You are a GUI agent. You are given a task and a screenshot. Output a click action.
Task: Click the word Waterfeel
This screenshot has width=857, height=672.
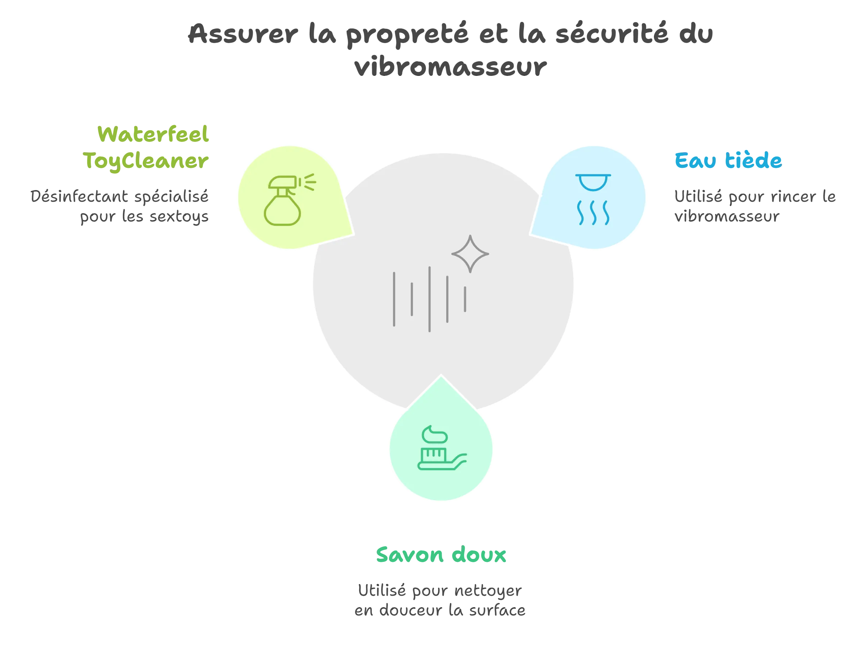click(x=153, y=135)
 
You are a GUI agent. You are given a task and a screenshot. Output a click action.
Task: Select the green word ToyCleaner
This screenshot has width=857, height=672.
click(x=146, y=161)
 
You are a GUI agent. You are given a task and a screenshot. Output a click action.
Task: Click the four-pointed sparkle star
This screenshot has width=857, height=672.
click(x=470, y=254)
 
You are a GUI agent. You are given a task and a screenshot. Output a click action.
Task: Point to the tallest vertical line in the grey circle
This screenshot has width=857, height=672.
click(x=429, y=299)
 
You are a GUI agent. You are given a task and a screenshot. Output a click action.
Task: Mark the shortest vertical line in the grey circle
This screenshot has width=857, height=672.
click(x=465, y=299)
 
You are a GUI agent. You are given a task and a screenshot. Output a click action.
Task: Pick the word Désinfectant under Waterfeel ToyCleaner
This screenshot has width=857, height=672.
click(x=78, y=197)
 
